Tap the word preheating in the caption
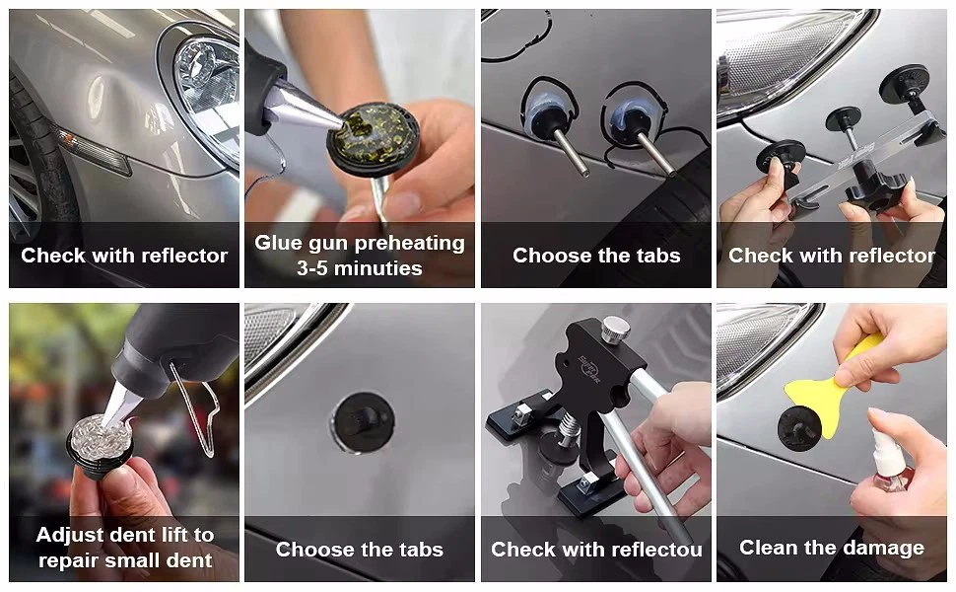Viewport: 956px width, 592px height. coord(412,244)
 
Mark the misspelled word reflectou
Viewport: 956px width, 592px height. coord(663,550)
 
